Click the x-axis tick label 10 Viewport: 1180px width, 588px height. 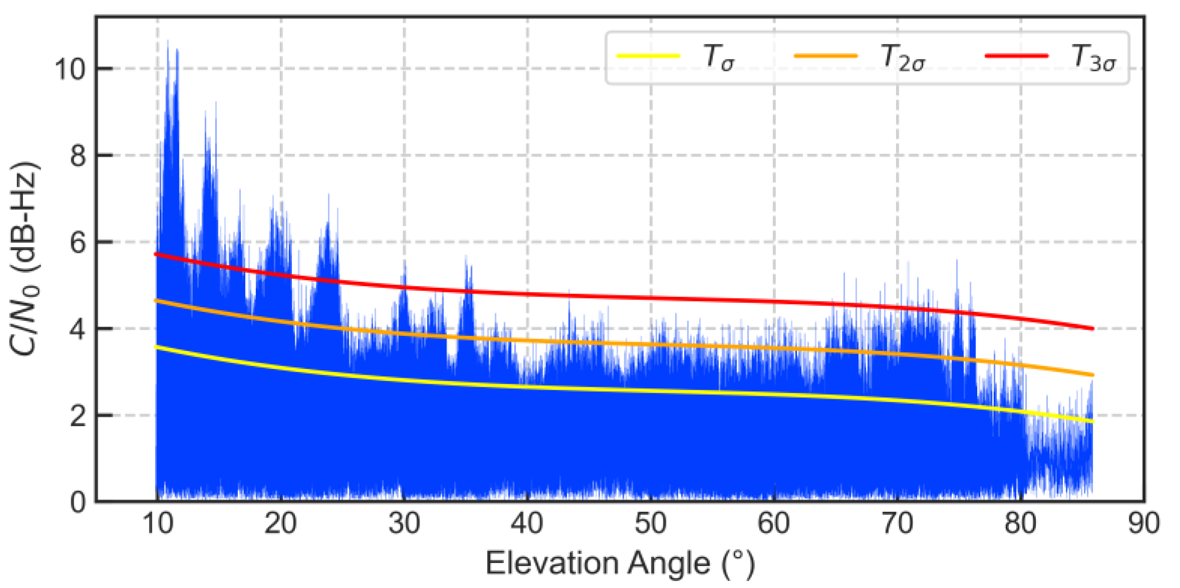[158, 524]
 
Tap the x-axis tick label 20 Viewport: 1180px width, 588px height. [280, 524]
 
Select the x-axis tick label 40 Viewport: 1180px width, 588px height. [527, 524]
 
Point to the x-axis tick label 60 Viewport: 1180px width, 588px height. [773, 524]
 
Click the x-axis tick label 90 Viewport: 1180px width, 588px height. [1143, 524]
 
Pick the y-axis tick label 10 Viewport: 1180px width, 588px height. [70, 69]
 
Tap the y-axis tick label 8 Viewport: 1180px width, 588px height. [78, 156]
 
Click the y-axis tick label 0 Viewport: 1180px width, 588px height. [78, 502]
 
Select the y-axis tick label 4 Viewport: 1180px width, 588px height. [78, 329]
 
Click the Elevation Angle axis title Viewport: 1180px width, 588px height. [620, 564]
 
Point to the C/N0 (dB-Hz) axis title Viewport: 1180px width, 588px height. [24, 259]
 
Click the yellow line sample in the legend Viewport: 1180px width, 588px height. [648, 56]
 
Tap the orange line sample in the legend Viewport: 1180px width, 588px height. [826, 56]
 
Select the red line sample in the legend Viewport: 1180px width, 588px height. [1016, 56]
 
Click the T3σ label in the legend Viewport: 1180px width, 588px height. [1093, 57]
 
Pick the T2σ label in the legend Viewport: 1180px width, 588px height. [902, 57]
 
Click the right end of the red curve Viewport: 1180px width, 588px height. [1092, 329]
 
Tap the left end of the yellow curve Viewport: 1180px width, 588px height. [156, 346]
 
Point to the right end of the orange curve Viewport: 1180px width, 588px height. [1092, 374]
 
